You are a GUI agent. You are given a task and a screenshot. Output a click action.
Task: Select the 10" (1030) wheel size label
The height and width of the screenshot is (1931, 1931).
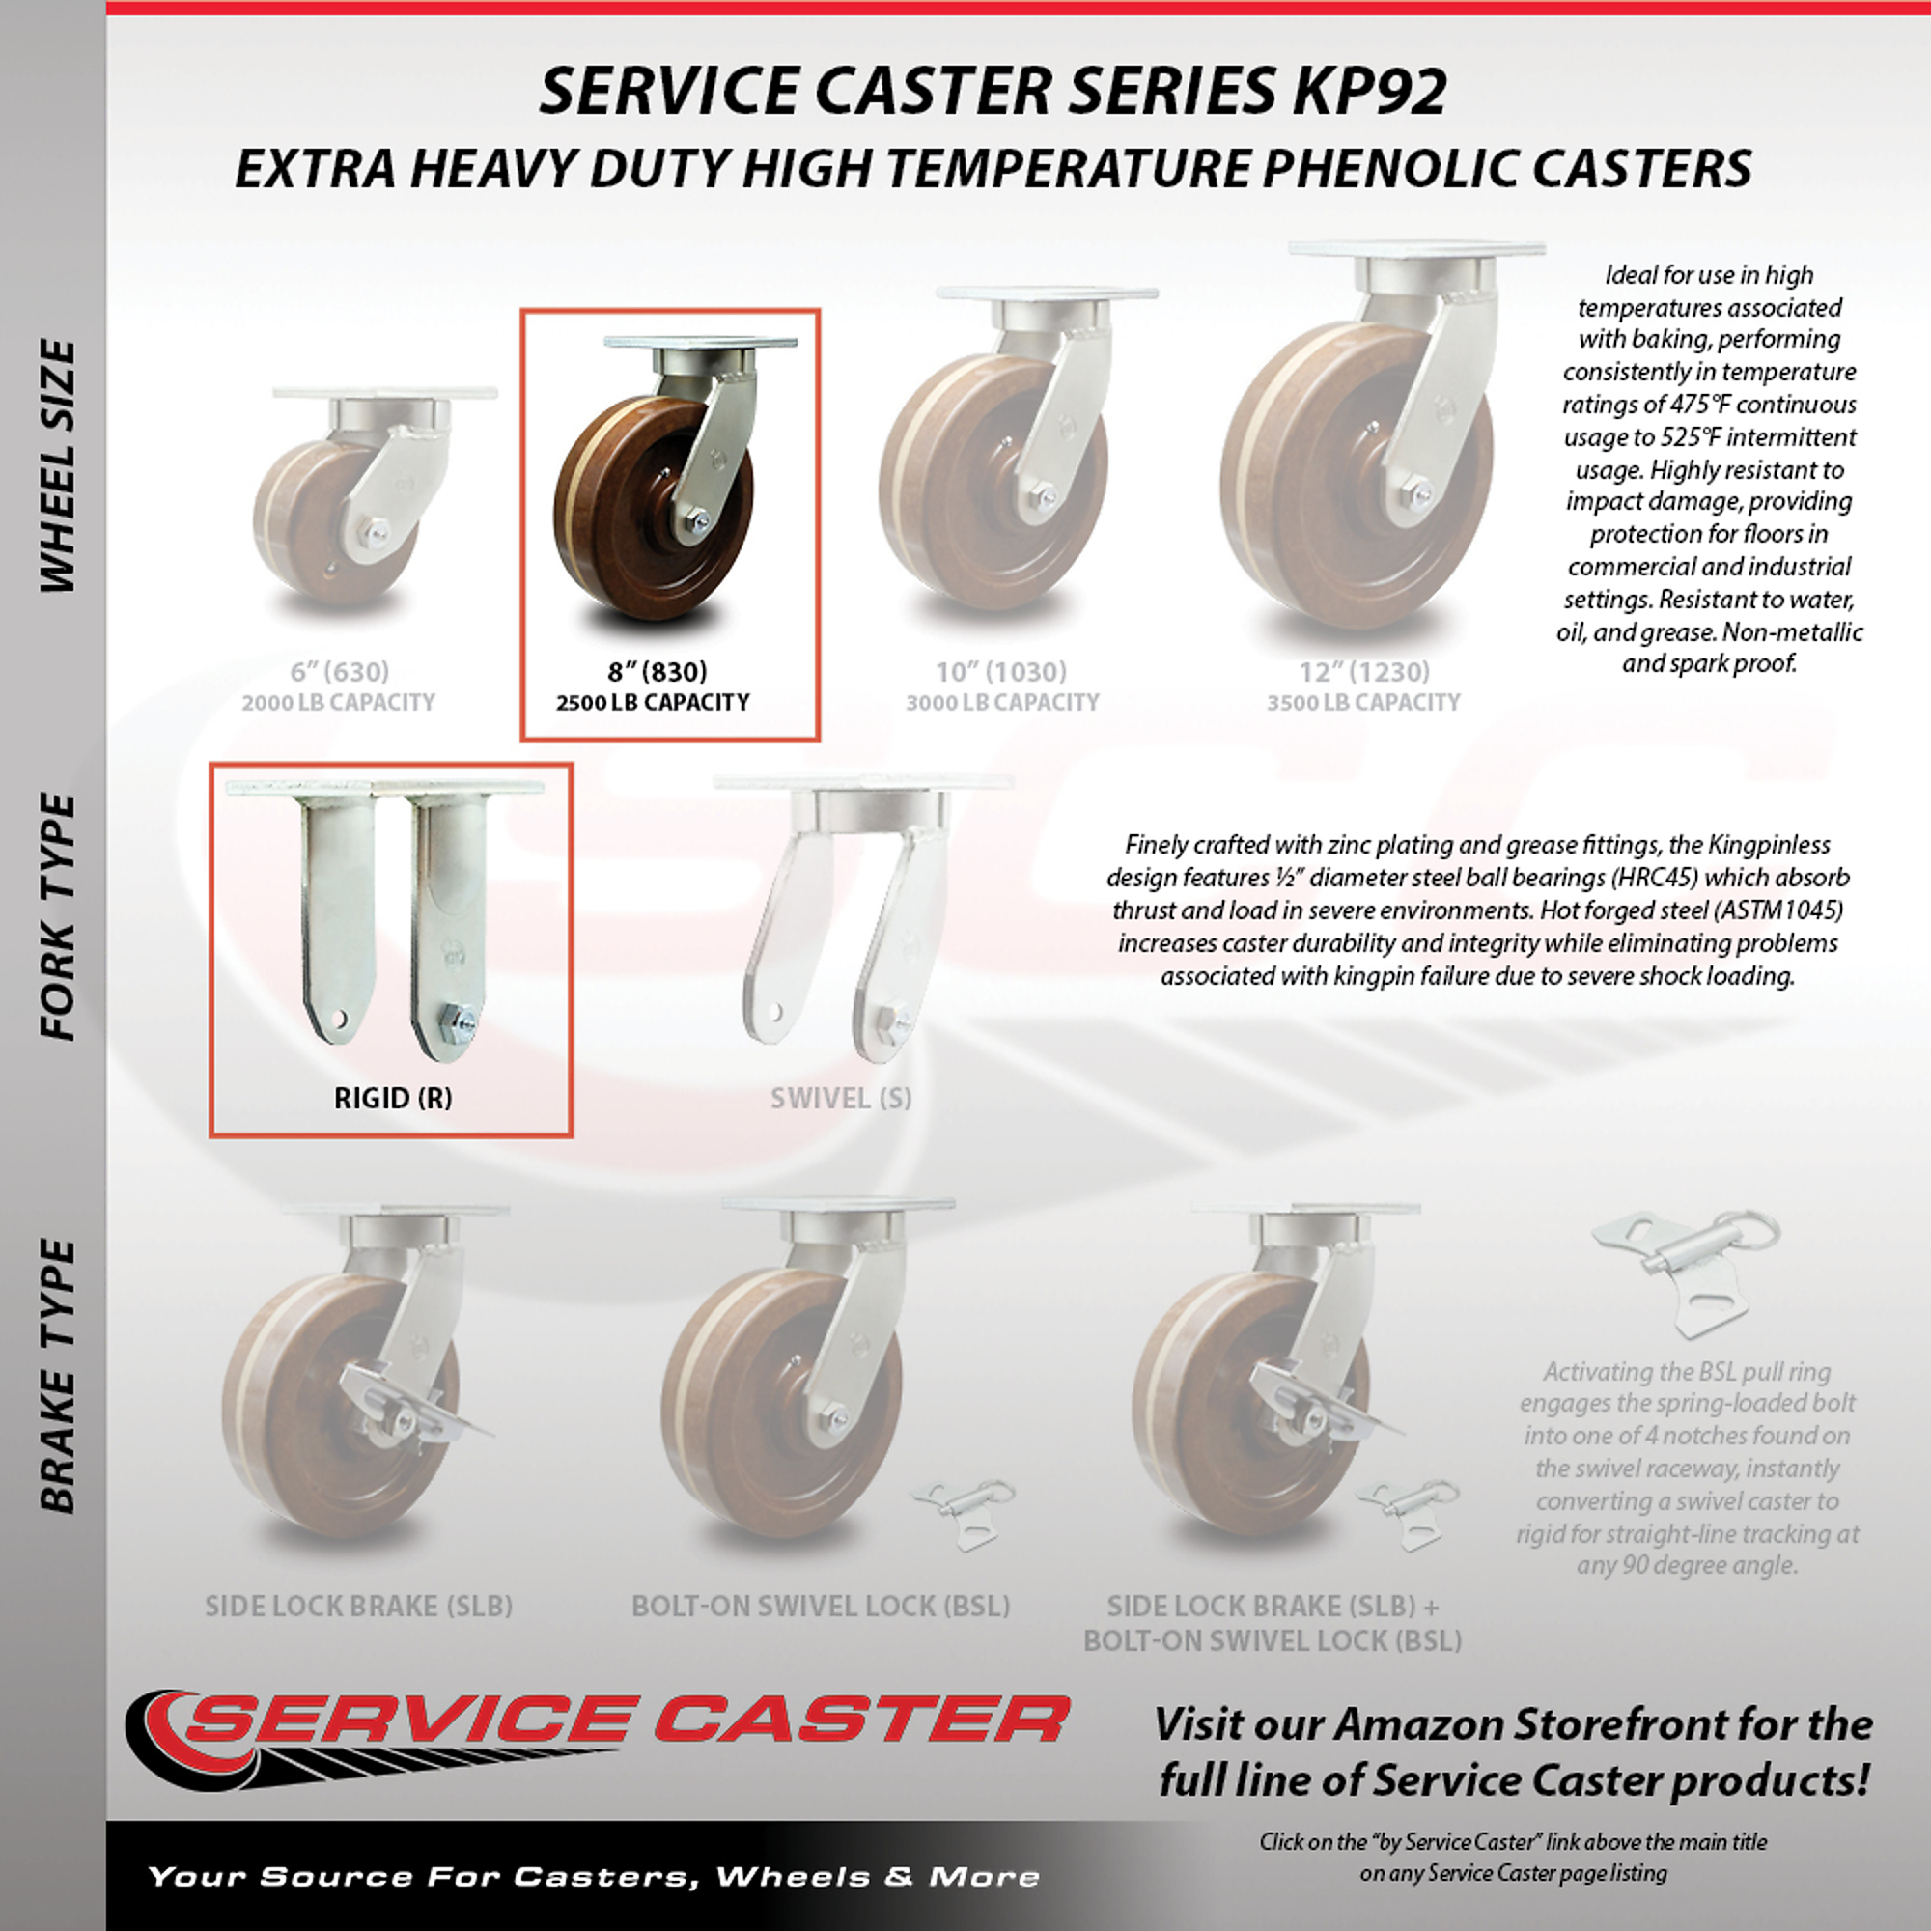click(1001, 672)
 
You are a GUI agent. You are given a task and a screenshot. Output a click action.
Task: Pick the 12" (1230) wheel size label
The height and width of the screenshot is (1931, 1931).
click(1364, 672)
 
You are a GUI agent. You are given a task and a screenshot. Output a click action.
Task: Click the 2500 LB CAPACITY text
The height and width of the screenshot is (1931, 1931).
click(653, 703)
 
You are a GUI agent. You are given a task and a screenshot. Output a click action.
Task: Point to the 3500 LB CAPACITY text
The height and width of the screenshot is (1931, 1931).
click(1363, 703)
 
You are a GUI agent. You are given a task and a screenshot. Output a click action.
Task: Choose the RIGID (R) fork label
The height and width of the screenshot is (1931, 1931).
click(393, 1099)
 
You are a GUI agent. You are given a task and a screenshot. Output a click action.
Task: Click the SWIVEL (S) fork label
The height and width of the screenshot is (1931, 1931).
click(841, 1099)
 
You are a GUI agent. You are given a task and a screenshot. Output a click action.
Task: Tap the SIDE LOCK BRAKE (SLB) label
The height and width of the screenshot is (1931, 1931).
click(359, 1607)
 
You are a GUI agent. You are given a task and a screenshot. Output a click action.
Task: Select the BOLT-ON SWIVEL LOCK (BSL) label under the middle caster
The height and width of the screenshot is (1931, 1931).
click(821, 1607)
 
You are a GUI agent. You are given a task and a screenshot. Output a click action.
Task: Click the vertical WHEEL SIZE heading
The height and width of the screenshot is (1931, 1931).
click(57, 465)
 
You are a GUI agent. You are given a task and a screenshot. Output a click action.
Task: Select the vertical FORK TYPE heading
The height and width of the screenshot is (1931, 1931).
click(57, 917)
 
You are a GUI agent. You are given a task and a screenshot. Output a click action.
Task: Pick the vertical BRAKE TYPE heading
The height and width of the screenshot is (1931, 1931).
click(57, 1376)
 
